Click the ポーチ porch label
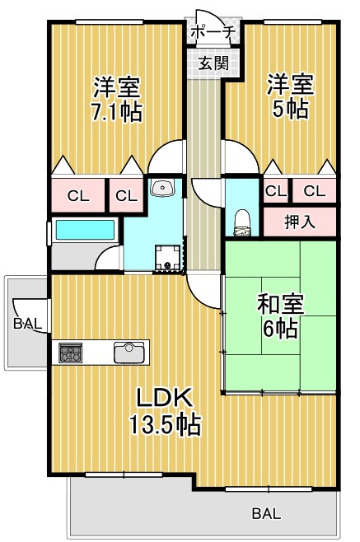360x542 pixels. pos(213,33)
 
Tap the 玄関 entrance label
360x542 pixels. pos(213,63)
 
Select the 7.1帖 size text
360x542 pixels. pos(116,112)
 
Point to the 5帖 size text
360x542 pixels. pos(290,109)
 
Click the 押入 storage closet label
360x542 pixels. pos(300,222)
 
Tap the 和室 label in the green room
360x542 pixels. pos(280,304)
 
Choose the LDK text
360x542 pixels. pos(164,398)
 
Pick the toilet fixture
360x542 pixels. pos(242,223)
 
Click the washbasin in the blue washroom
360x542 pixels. pos(162,187)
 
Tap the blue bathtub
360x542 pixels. pos(85,230)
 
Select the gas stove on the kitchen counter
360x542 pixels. pos(71,353)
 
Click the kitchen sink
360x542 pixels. pos(129,353)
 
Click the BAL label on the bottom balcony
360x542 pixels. pos(266,513)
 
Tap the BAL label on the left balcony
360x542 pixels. pos(28,324)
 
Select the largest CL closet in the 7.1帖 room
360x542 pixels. pos(78,196)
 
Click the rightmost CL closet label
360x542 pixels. pos(315,190)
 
